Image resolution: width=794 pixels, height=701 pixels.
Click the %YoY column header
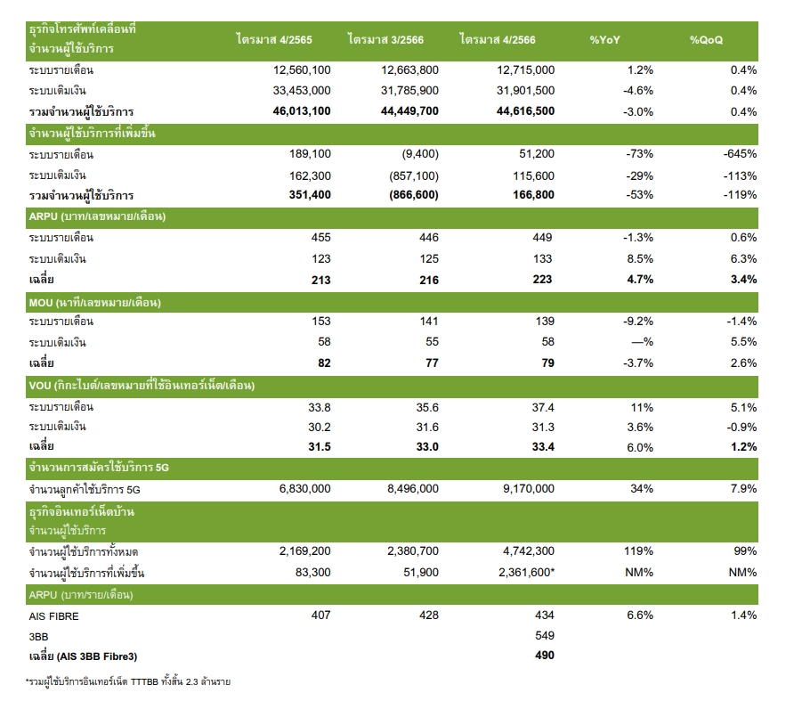pos(604,40)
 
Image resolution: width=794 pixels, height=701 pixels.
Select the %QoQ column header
pos(706,40)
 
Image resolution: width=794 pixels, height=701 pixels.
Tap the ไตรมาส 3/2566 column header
pos(385,39)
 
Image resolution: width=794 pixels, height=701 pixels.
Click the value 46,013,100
pos(302,111)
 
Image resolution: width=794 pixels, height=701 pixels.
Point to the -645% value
pos(740,153)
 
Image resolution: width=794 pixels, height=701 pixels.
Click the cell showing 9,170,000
pos(529,489)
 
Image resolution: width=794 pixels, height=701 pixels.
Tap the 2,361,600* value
pos(527,572)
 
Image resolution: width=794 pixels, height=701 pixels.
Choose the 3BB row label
pos(38,637)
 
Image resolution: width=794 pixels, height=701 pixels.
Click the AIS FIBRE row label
pos(53,616)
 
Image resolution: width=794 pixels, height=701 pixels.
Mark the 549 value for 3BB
pos(545,636)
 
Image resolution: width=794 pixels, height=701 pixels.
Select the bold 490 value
pos(545,656)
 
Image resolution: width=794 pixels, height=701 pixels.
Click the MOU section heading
pos(94,303)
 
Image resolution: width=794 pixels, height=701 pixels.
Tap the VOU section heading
pos(142,386)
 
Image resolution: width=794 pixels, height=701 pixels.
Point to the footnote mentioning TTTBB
pos(128,681)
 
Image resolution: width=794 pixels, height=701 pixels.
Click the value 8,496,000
pos(413,489)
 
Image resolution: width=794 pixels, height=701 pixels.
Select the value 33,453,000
pos(302,91)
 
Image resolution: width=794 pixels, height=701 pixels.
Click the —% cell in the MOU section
pos(642,342)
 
